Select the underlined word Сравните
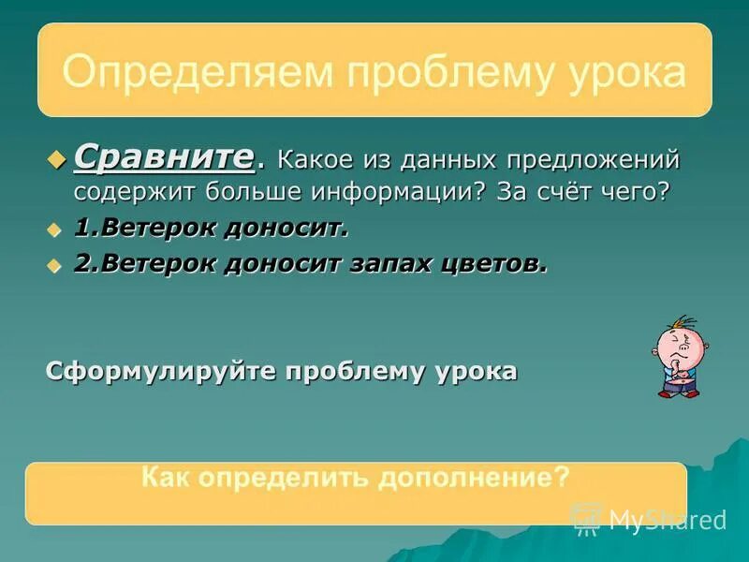164,155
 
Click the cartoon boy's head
676,346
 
